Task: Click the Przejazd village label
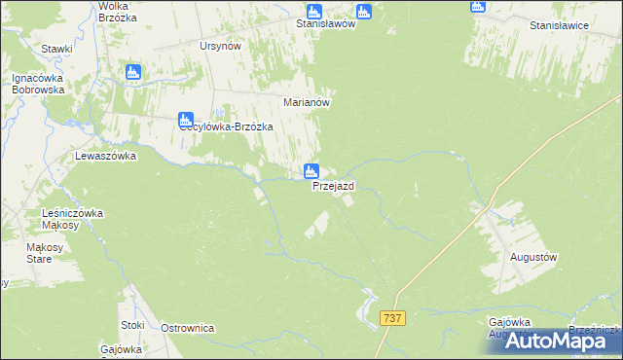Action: [x=333, y=186]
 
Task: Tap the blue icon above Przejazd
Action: [x=311, y=171]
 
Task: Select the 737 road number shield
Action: [x=393, y=318]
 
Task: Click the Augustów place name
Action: [x=533, y=257]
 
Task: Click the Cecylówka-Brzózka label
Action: [x=226, y=127]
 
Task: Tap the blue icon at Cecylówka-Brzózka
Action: [x=186, y=120]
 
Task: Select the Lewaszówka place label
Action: [x=106, y=156]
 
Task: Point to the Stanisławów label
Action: [x=325, y=25]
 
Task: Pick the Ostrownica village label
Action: [x=187, y=329]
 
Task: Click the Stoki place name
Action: [x=132, y=325]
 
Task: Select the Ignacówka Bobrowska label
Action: [x=38, y=84]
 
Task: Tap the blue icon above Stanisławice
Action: [x=477, y=6]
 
